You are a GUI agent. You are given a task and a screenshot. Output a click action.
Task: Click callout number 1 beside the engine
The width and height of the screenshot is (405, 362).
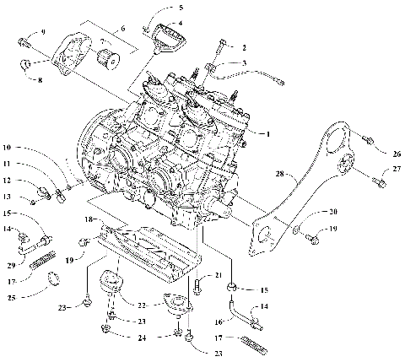coord(269,133)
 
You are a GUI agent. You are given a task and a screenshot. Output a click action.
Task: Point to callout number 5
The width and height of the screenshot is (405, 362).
coord(179,7)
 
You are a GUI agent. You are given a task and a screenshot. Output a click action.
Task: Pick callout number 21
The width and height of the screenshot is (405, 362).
coord(217,276)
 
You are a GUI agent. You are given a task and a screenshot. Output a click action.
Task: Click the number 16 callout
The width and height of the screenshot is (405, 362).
coord(217,321)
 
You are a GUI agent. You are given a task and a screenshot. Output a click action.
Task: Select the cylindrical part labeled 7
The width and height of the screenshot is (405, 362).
coord(108,62)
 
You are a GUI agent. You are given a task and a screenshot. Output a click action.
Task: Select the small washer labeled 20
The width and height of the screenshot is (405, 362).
coord(298,229)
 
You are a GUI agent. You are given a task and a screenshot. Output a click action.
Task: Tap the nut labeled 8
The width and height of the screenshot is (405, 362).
coord(25,64)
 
